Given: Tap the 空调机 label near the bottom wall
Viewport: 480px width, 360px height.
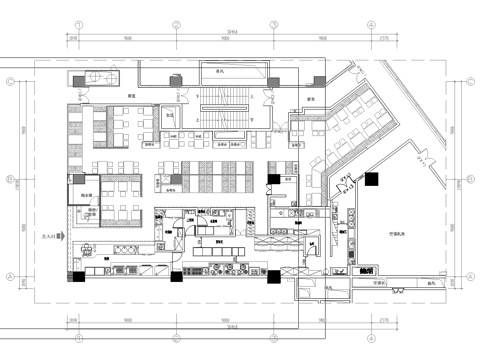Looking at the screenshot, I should [x=380, y=284].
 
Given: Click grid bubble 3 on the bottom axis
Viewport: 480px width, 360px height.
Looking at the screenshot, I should [x=272, y=335].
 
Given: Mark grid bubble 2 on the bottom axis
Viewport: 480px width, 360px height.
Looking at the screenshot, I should [x=174, y=335].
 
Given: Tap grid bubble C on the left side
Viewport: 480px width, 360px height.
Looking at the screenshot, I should [x=10, y=84].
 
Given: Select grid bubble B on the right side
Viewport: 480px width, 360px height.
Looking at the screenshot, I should [x=469, y=181].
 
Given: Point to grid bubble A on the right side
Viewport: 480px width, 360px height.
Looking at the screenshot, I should [x=469, y=275].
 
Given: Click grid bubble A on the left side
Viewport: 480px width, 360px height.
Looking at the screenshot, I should [x=10, y=275].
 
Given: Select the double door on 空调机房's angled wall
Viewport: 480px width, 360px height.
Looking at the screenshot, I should [x=345, y=184].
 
